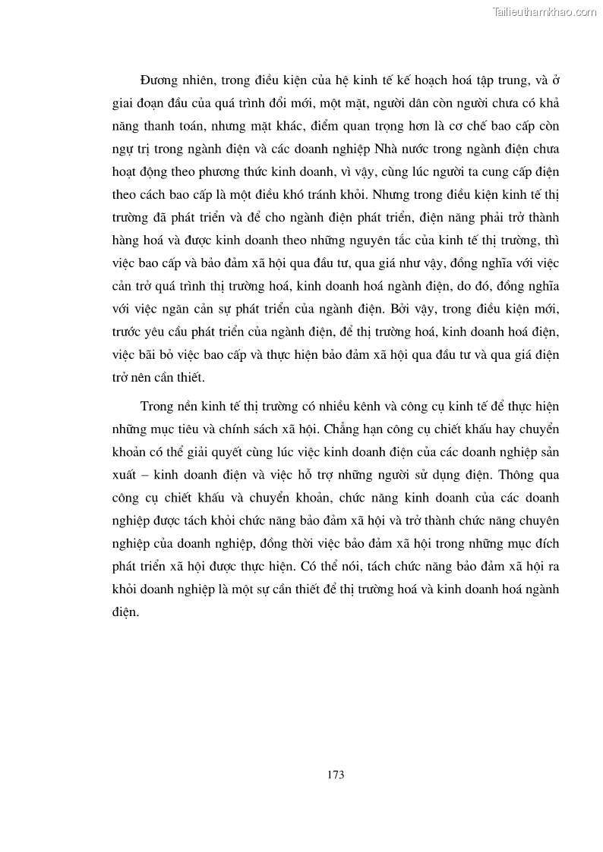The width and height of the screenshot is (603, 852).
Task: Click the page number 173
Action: click(335, 775)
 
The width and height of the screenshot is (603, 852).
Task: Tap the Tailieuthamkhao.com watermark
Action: click(545, 11)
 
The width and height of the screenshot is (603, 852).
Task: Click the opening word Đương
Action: click(160, 80)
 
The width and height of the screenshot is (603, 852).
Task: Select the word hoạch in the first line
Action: click(429, 80)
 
